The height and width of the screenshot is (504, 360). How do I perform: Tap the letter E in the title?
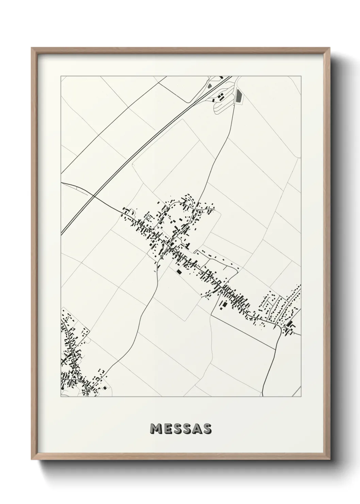(x=168, y=429)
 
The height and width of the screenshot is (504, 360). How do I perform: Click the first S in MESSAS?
(x=178, y=429)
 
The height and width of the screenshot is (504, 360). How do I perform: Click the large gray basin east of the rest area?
(x=239, y=96)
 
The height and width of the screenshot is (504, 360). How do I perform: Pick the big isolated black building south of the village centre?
(x=178, y=272)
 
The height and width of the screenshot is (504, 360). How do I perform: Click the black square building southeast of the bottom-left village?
(x=105, y=388)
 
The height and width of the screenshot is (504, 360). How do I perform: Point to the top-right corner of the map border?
(x=301, y=76)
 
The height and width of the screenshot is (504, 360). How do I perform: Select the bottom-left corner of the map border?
(x=61, y=396)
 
